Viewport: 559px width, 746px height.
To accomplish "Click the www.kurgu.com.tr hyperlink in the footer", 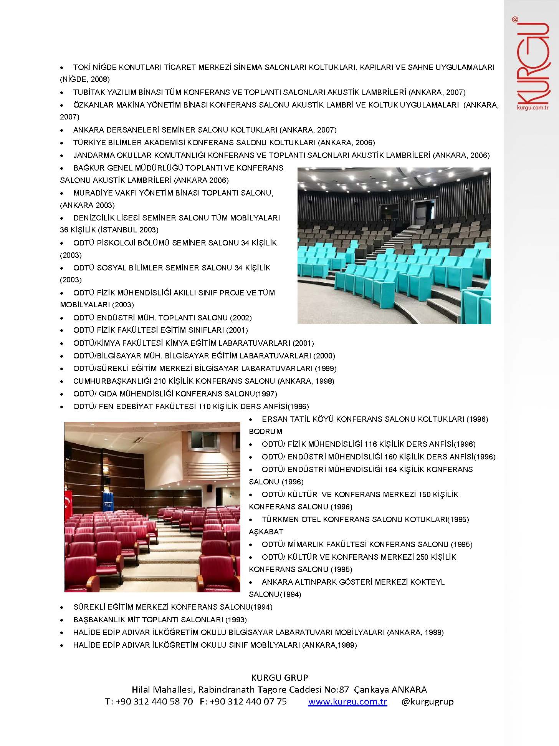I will [347, 701].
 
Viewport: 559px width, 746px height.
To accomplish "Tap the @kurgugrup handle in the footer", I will [427, 701].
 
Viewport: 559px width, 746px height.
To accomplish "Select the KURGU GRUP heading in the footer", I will [279, 677].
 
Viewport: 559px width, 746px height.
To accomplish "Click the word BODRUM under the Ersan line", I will [265, 431].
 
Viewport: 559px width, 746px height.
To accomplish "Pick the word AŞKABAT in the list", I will [266, 532].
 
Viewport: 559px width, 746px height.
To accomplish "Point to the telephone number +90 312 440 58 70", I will [154, 701].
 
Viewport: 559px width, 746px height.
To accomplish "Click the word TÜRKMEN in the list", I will [280, 519].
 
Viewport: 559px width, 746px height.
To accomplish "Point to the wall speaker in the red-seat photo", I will [210, 489].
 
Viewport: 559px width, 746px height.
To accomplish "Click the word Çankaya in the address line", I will [370, 690].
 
